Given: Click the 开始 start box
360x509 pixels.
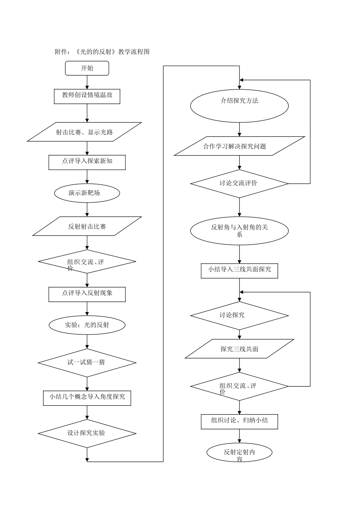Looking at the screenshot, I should [x=87, y=69].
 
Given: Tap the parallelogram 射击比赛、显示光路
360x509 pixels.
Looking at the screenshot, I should [x=85, y=132].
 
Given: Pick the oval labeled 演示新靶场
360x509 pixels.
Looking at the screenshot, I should [x=87, y=193].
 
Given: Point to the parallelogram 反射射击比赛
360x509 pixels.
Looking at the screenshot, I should [x=87, y=226].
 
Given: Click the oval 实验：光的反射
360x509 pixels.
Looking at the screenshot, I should [x=87, y=325].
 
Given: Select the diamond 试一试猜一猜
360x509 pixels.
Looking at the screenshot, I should [x=87, y=362].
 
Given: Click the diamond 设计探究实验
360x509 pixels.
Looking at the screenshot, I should [x=87, y=433].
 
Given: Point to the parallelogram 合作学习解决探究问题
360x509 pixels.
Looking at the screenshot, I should [x=239, y=146].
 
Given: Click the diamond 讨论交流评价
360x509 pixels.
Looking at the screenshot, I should [x=239, y=183].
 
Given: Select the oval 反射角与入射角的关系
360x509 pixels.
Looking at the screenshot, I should [x=239, y=231].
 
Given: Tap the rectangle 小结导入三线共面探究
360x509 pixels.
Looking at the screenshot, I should [x=239, y=270].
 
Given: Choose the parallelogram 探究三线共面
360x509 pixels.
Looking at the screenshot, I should [x=239, y=349].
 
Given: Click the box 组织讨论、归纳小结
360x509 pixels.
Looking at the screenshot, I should [x=239, y=421].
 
